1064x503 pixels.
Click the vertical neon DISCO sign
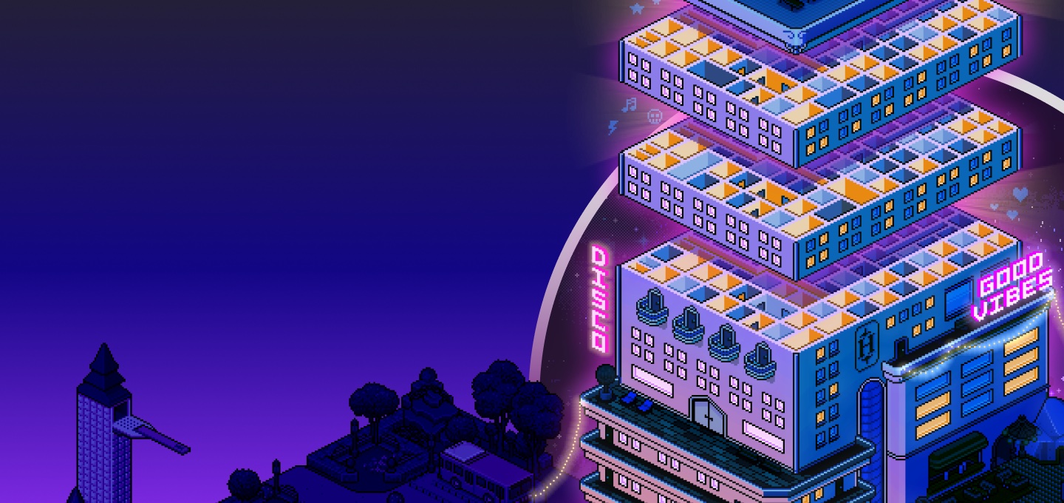pyautogui.click(x=599, y=299)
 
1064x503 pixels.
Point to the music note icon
pyautogui.click(x=630, y=104)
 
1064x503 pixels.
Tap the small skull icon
pyautogui.click(x=654, y=116)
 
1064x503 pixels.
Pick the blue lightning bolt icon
pyautogui.click(x=613, y=127)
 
